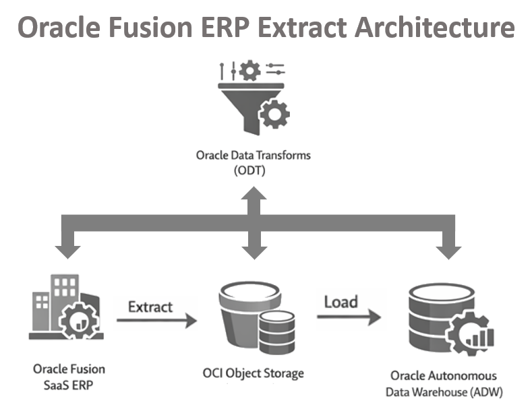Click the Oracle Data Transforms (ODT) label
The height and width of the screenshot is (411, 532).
pos(254,162)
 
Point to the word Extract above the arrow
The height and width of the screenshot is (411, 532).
pos(150,307)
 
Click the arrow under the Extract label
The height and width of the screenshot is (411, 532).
pos(156,321)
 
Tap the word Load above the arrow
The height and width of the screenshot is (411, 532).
pos(341,302)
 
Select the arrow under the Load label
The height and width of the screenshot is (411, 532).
pos(349,316)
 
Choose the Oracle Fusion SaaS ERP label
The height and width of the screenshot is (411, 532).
pos(69,376)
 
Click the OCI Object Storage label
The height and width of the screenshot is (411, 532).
pos(254,373)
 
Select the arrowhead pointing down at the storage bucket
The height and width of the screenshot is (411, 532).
pos(254,251)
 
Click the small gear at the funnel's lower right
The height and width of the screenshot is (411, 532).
pos(274,115)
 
